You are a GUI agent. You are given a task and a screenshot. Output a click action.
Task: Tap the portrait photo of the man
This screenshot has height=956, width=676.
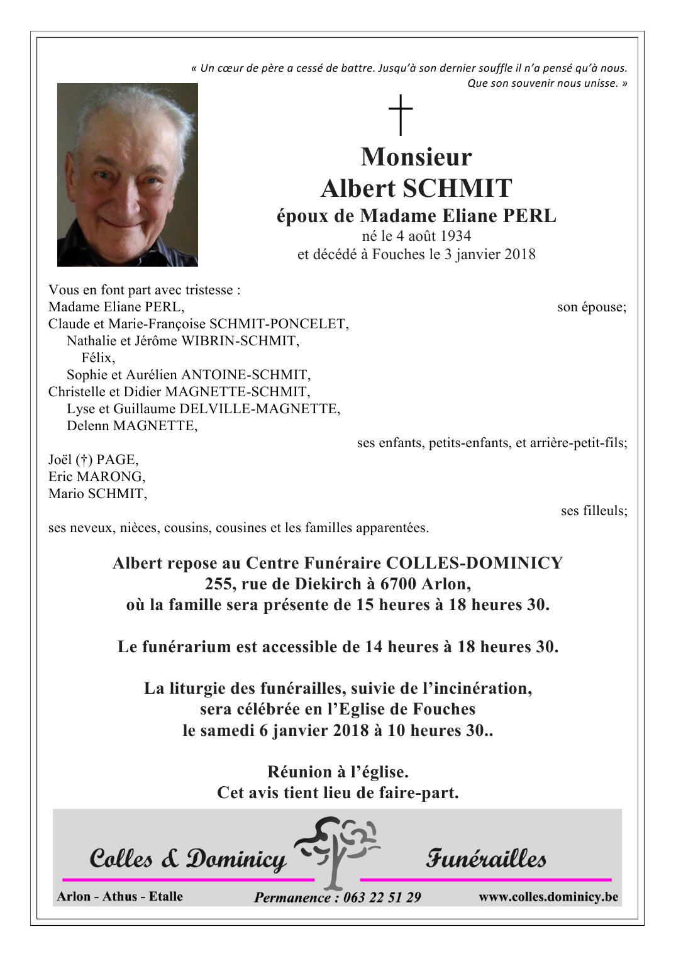click(128, 175)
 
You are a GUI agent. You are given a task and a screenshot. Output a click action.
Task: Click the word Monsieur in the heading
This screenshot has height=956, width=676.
click(416, 157)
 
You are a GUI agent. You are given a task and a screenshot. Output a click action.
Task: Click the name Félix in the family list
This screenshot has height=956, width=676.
click(98, 358)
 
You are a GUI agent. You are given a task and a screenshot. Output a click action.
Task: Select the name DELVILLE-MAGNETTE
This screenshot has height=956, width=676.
click(259, 409)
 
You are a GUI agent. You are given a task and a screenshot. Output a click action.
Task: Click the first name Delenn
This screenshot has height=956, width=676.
click(88, 426)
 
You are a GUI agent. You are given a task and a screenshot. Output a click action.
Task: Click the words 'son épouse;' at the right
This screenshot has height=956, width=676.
click(592, 308)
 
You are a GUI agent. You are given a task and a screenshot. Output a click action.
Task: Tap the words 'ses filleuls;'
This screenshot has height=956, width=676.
click(594, 511)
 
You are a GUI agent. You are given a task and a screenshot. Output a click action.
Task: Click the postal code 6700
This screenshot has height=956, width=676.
click(398, 584)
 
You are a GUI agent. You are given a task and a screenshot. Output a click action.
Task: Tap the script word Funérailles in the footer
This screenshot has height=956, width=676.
click(486, 858)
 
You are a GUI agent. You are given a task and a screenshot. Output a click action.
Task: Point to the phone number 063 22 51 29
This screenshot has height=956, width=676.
click(382, 898)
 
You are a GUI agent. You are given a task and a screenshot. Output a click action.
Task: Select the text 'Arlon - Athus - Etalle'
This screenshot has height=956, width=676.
click(119, 897)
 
